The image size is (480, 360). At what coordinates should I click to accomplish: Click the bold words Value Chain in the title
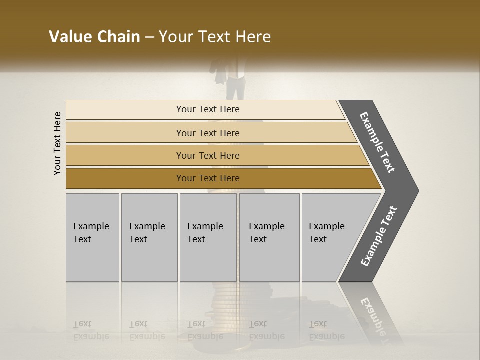click(94, 37)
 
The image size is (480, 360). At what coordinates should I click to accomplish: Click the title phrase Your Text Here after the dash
click(215, 37)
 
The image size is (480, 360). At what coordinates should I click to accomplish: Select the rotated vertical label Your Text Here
click(57, 144)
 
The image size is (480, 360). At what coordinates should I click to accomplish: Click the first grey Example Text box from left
click(92, 237)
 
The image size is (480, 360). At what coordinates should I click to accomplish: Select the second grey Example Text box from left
click(149, 237)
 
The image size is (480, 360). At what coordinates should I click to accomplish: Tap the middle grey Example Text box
click(208, 237)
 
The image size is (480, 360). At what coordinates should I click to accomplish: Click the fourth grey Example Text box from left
click(269, 237)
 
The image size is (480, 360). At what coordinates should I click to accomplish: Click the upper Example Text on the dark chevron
click(378, 142)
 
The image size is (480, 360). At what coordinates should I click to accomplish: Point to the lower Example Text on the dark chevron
click(379, 236)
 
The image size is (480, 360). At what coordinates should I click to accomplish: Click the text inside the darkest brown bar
click(208, 178)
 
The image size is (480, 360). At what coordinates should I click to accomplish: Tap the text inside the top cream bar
click(208, 109)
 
